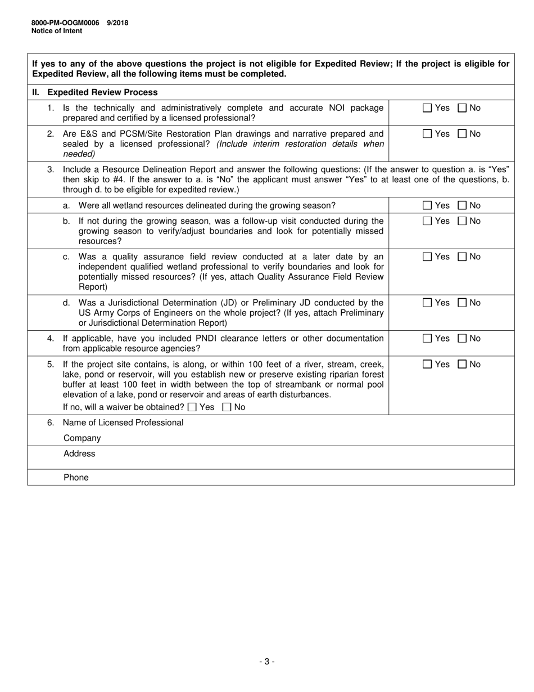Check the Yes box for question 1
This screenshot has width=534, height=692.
click(x=427, y=108)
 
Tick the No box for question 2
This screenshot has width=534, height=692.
click(x=463, y=134)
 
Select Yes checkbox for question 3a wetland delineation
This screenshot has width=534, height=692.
click(x=427, y=205)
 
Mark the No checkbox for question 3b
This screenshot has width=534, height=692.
click(x=463, y=221)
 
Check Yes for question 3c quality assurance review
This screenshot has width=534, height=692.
click(x=427, y=257)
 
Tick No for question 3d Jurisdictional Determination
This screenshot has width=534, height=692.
click(x=463, y=303)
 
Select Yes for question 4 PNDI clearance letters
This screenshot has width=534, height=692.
click(x=427, y=338)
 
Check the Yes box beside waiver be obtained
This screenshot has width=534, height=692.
click(x=192, y=407)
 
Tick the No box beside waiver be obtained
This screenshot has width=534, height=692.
click(x=227, y=407)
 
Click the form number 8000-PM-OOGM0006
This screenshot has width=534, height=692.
click(x=65, y=23)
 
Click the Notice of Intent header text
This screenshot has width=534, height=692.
click(x=56, y=31)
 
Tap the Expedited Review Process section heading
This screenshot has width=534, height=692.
click(x=102, y=92)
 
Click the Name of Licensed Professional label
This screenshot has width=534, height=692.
click(x=123, y=423)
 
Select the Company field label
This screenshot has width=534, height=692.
click(x=82, y=438)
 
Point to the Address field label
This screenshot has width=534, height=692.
click(x=79, y=453)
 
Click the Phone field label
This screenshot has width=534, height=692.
click(x=76, y=478)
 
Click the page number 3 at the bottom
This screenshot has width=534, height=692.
click(x=267, y=662)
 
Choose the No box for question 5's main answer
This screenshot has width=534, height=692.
click(x=463, y=365)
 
